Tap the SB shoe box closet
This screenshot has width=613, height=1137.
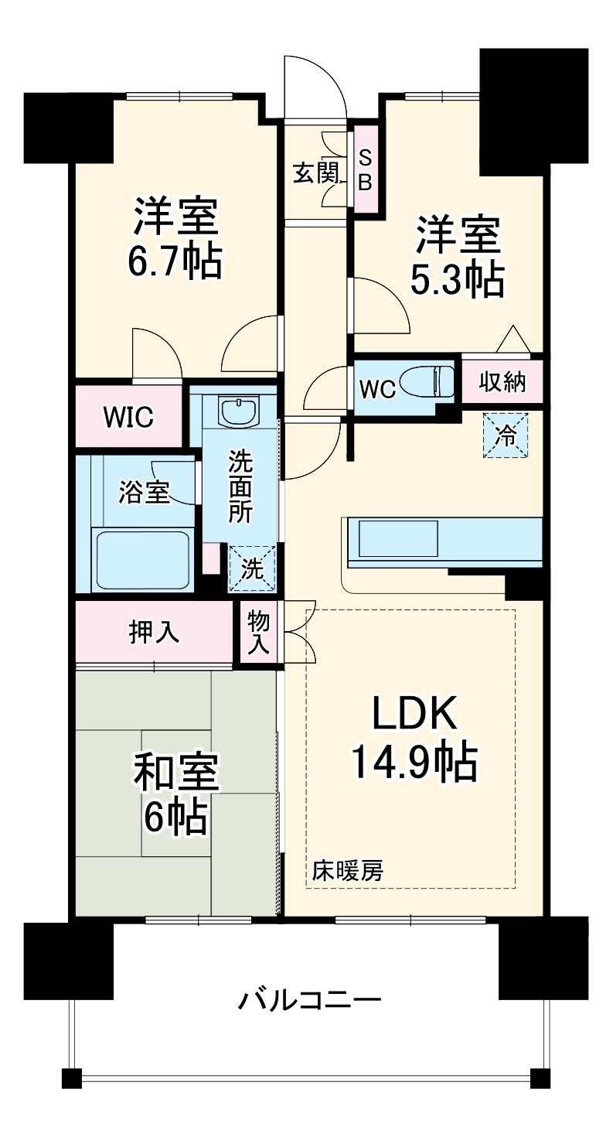click(x=366, y=170)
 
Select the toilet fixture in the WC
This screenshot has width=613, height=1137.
click(x=433, y=381)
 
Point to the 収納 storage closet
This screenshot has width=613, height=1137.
click(x=502, y=381)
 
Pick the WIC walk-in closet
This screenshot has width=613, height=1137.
click(x=129, y=417)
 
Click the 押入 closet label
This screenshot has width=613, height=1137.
click(x=154, y=632)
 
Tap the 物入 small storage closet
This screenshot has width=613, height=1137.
click(x=258, y=632)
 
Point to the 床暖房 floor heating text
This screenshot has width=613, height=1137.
click(x=347, y=871)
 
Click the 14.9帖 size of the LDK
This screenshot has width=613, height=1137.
click(x=413, y=763)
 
